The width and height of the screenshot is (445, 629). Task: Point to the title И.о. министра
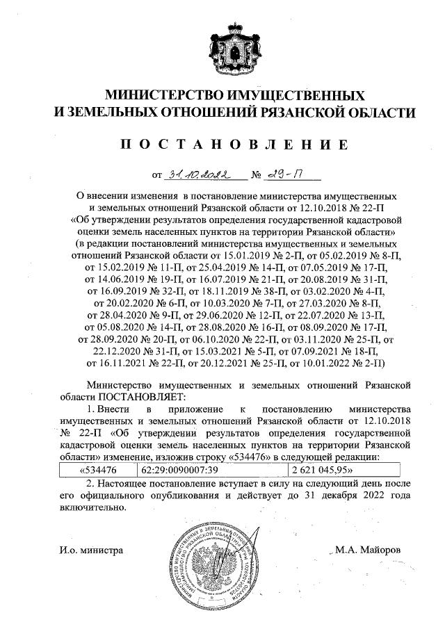(91, 550)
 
